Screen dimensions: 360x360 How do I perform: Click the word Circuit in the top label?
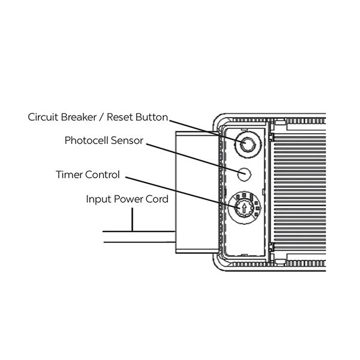(x=42, y=117)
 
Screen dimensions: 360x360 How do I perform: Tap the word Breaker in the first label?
(x=77, y=117)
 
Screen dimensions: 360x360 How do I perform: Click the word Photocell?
(x=88, y=141)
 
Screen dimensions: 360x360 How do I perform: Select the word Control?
(x=103, y=175)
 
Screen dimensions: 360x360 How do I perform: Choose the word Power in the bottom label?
(x=127, y=199)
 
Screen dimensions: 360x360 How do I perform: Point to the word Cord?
(x=155, y=199)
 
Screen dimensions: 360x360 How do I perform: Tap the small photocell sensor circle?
(x=244, y=173)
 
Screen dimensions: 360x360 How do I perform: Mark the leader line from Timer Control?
(x=180, y=191)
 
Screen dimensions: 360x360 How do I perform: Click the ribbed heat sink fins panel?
(x=300, y=186)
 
